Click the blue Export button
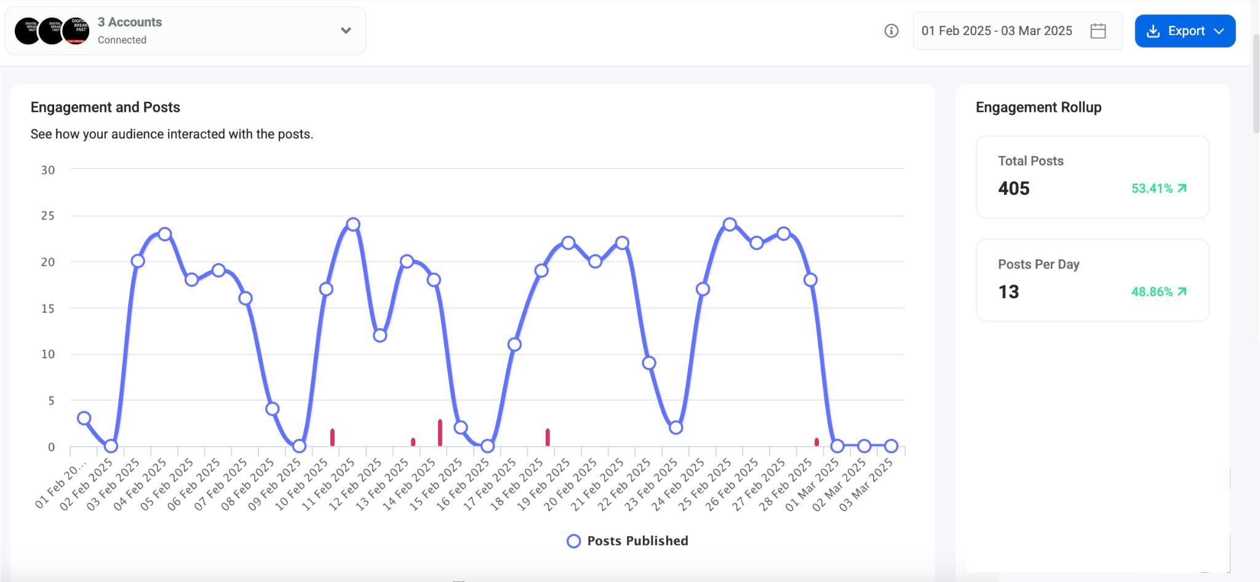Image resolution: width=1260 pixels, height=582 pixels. [1184, 31]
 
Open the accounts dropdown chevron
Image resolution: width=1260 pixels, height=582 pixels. [346, 30]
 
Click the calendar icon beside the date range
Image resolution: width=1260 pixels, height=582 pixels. [1098, 31]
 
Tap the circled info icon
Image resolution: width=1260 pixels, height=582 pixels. [891, 31]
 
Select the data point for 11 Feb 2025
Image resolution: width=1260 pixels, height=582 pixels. [353, 224]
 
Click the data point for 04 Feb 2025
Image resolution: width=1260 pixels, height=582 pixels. [165, 234]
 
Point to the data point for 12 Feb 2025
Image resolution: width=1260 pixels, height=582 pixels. [380, 336]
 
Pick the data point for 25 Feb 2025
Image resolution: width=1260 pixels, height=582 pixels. [730, 224]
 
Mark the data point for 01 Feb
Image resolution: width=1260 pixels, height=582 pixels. [84, 419]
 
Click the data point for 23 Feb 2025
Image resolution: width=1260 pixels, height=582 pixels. [676, 428]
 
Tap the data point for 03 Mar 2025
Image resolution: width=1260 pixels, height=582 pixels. [891, 446]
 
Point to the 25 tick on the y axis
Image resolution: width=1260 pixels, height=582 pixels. [48, 216]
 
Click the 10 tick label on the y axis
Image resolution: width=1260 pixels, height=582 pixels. [48, 354]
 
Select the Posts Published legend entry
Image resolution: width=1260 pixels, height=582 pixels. [628, 541]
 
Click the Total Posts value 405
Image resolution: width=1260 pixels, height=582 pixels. [1014, 189]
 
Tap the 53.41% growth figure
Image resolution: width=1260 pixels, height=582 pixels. [1152, 189]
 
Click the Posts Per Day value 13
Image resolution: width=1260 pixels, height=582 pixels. [1008, 292]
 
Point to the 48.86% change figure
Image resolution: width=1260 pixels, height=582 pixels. [1152, 292]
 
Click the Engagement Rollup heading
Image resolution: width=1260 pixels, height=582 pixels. [1039, 108]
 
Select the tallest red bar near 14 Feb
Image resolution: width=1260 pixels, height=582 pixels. [440, 433]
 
